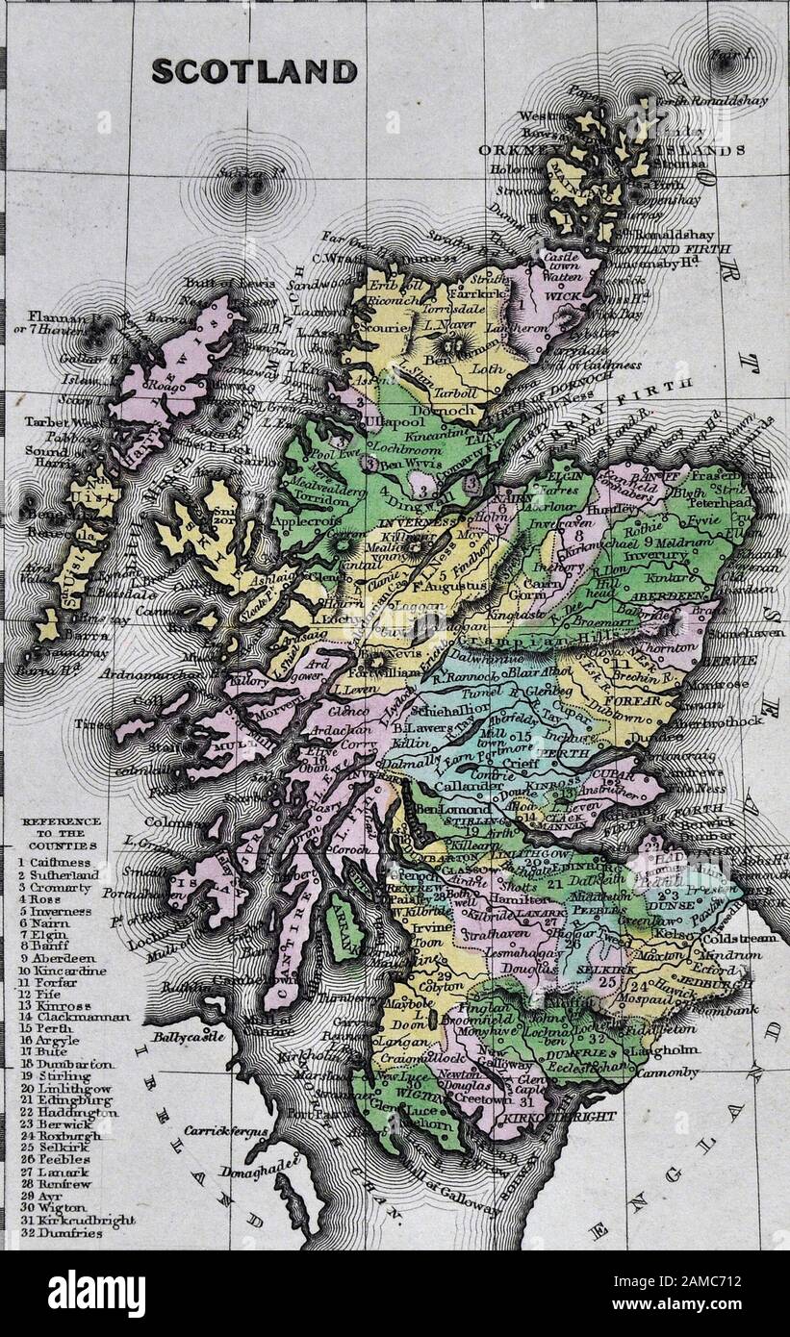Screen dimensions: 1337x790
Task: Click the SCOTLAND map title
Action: pyautogui.click(x=254, y=71)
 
